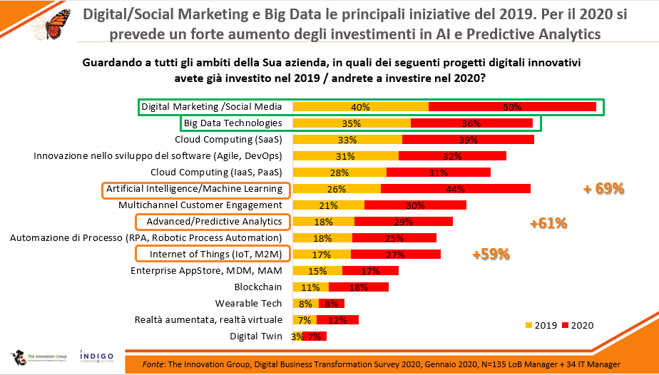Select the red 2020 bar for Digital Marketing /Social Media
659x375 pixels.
click(x=512, y=107)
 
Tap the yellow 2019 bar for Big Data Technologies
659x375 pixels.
click(x=352, y=123)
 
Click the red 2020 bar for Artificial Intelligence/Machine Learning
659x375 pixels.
click(x=455, y=189)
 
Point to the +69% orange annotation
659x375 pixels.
click(x=603, y=189)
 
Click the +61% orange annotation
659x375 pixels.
click(x=548, y=223)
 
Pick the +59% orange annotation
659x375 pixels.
click(x=491, y=254)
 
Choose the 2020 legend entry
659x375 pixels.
click(x=578, y=325)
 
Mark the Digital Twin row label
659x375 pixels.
click(x=255, y=336)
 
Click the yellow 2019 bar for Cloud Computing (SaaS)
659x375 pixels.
click(x=347, y=140)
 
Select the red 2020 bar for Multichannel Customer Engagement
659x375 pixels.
click(x=415, y=205)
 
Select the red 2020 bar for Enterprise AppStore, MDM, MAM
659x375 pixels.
click(x=370, y=270)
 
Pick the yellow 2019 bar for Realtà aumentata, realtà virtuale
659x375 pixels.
click(x=305, y=319)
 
